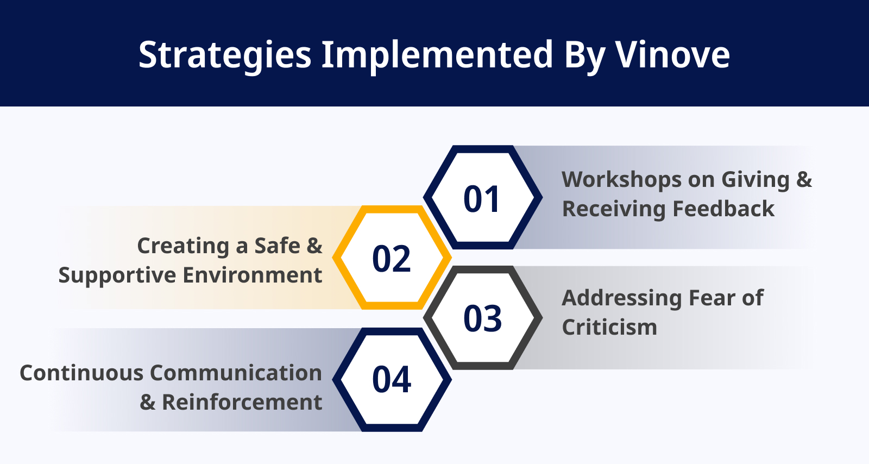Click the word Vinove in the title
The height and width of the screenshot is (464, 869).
(673, 55)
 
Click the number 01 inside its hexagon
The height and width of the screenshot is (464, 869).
(481, 199)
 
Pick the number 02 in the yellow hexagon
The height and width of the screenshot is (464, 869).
(391, 259)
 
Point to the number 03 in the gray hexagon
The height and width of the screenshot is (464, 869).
(483, 319)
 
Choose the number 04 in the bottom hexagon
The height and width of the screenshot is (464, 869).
(392, 380)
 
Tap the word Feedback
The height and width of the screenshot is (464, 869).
(723, 209)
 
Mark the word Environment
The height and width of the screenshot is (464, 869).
(253, 275)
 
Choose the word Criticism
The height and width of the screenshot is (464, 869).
(609, 328)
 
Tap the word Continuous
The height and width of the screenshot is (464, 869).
(81, 373)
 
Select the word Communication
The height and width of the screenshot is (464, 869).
(236, 373)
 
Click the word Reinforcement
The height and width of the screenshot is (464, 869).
(242, 402)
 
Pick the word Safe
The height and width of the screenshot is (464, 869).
(278, 246)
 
